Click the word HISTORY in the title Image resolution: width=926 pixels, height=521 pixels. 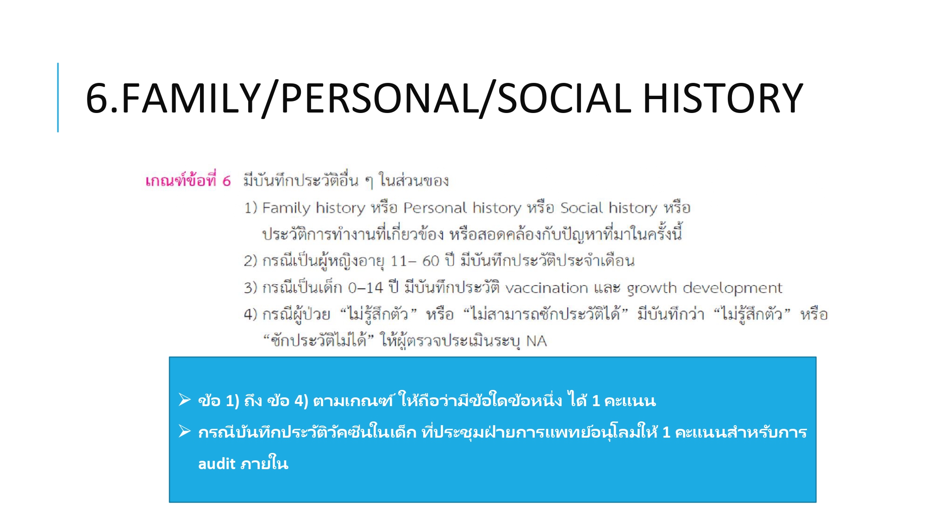point(723,98)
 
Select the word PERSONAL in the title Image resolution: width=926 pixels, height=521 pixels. point(379,98)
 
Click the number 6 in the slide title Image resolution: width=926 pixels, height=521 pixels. point(96,98)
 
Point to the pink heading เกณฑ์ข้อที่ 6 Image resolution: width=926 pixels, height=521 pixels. point(188,180)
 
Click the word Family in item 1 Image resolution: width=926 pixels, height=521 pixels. point(286,208)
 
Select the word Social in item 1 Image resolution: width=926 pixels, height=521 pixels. point(582,207)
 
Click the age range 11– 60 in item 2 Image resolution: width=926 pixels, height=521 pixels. point(414,261)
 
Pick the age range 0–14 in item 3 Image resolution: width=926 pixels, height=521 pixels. point(365,288)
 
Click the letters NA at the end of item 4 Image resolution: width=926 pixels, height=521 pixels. point(537,341)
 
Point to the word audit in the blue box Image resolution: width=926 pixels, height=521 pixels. point(217,464)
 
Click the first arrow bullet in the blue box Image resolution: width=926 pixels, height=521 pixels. point(185,399)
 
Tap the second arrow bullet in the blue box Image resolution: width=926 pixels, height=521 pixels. point(185,431)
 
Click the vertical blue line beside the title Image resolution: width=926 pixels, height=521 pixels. point(58,97)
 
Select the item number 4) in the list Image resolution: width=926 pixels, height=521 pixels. point(250,315)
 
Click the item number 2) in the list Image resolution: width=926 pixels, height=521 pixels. point(250,261)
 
